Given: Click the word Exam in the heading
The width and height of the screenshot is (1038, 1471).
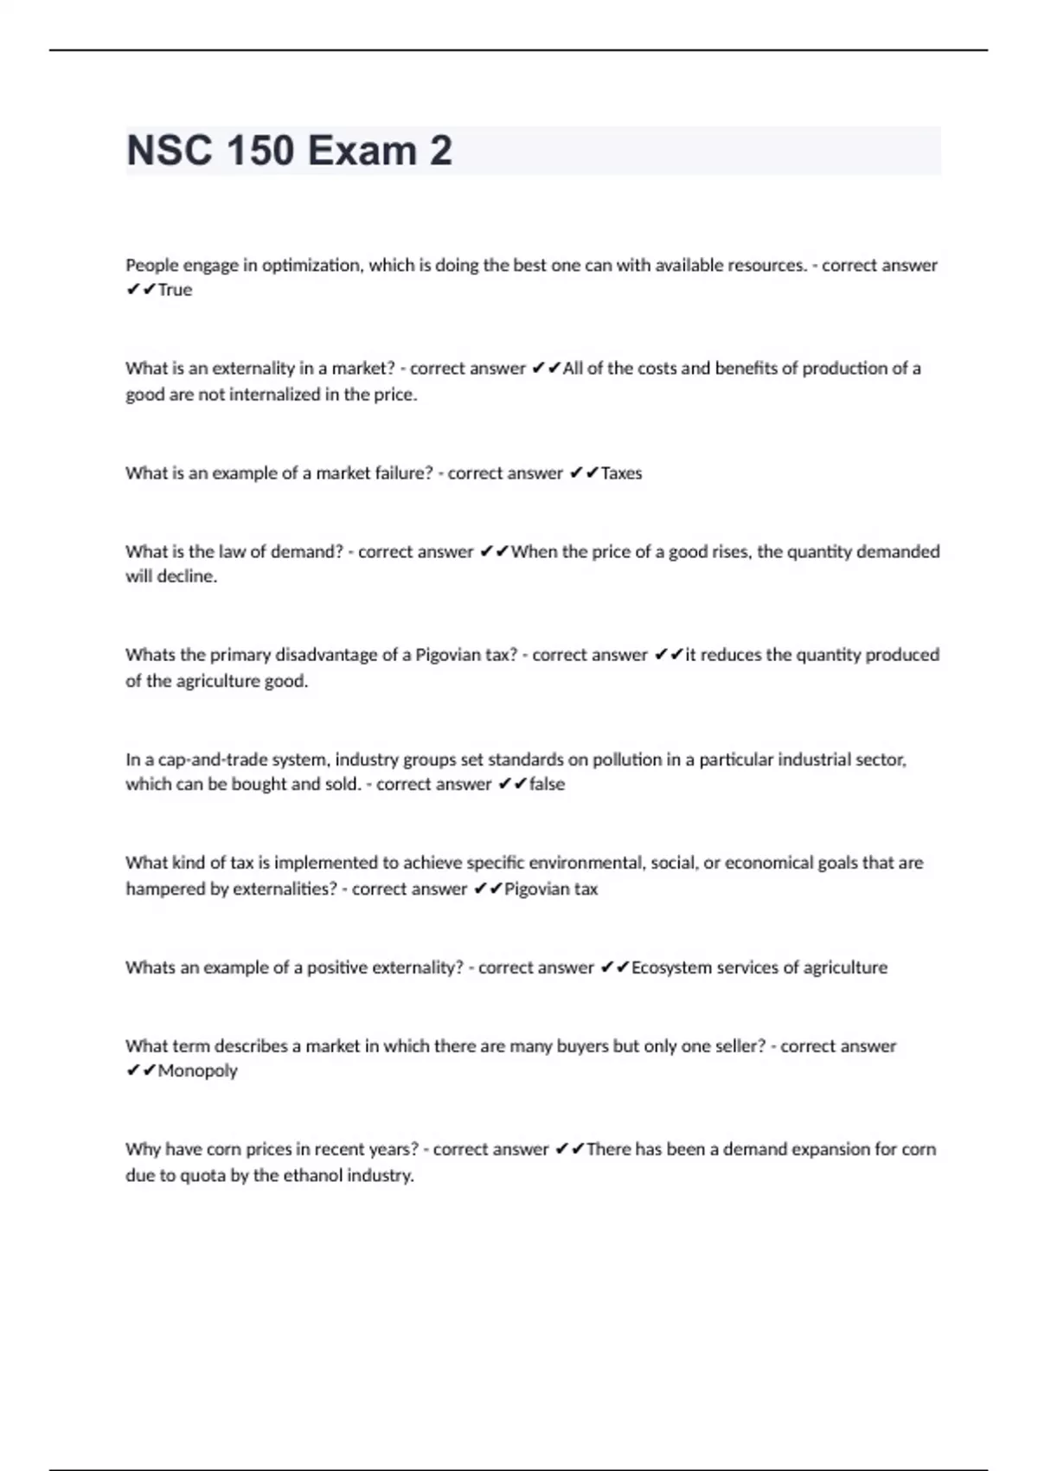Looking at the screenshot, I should (362, 151).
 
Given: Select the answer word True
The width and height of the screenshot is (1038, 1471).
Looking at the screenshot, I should (175, 290).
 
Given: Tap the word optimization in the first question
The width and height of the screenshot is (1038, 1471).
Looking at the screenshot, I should (311, 265).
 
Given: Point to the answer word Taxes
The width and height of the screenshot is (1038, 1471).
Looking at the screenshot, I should (621, 473).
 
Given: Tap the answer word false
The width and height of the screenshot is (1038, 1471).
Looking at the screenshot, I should (547, 784).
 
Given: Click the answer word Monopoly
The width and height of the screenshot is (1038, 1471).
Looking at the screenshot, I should (197, 1071).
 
